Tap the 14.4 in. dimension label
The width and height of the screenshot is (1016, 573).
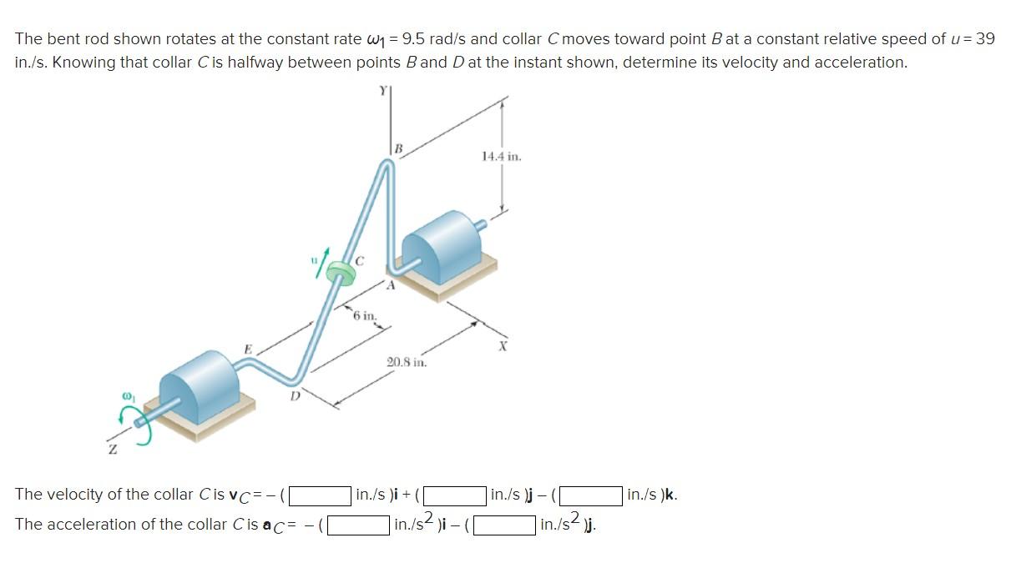501,156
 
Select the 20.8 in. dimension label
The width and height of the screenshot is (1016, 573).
407,362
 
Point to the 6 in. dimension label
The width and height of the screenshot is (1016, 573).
364,315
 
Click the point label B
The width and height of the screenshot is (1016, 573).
398,149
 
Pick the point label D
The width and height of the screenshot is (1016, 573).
295,397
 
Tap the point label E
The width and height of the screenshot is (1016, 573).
247,349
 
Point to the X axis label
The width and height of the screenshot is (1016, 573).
503,345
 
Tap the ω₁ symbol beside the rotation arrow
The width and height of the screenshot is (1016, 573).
129,391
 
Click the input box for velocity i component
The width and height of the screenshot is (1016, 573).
321,495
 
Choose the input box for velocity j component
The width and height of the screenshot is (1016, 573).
457,495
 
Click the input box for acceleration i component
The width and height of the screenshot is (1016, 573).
359,525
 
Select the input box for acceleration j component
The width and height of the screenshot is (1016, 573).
505,525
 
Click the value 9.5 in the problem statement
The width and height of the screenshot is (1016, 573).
414,39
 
